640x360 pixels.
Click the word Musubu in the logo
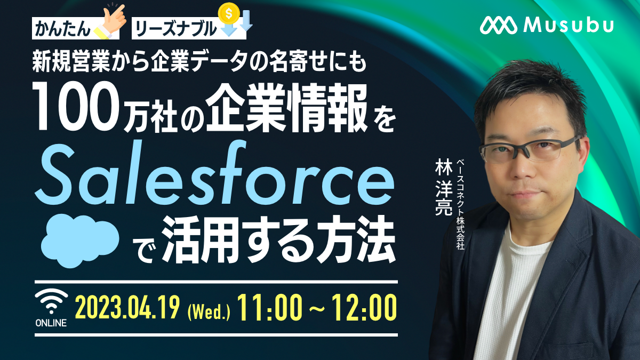(x=569, y=26)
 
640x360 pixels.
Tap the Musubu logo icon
(x=499, y=26)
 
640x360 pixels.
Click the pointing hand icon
(x=110, y=21)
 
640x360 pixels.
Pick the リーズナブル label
(x=175, y=29)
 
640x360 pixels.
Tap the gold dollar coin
(x=229, y=13)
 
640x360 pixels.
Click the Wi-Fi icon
(x=51, y=301)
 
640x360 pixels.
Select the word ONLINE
(x=51, y=323)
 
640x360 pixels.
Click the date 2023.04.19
(x=127, y=307)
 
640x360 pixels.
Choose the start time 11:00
(x=269, y=307)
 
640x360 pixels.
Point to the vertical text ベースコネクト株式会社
(x=460, y=205)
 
